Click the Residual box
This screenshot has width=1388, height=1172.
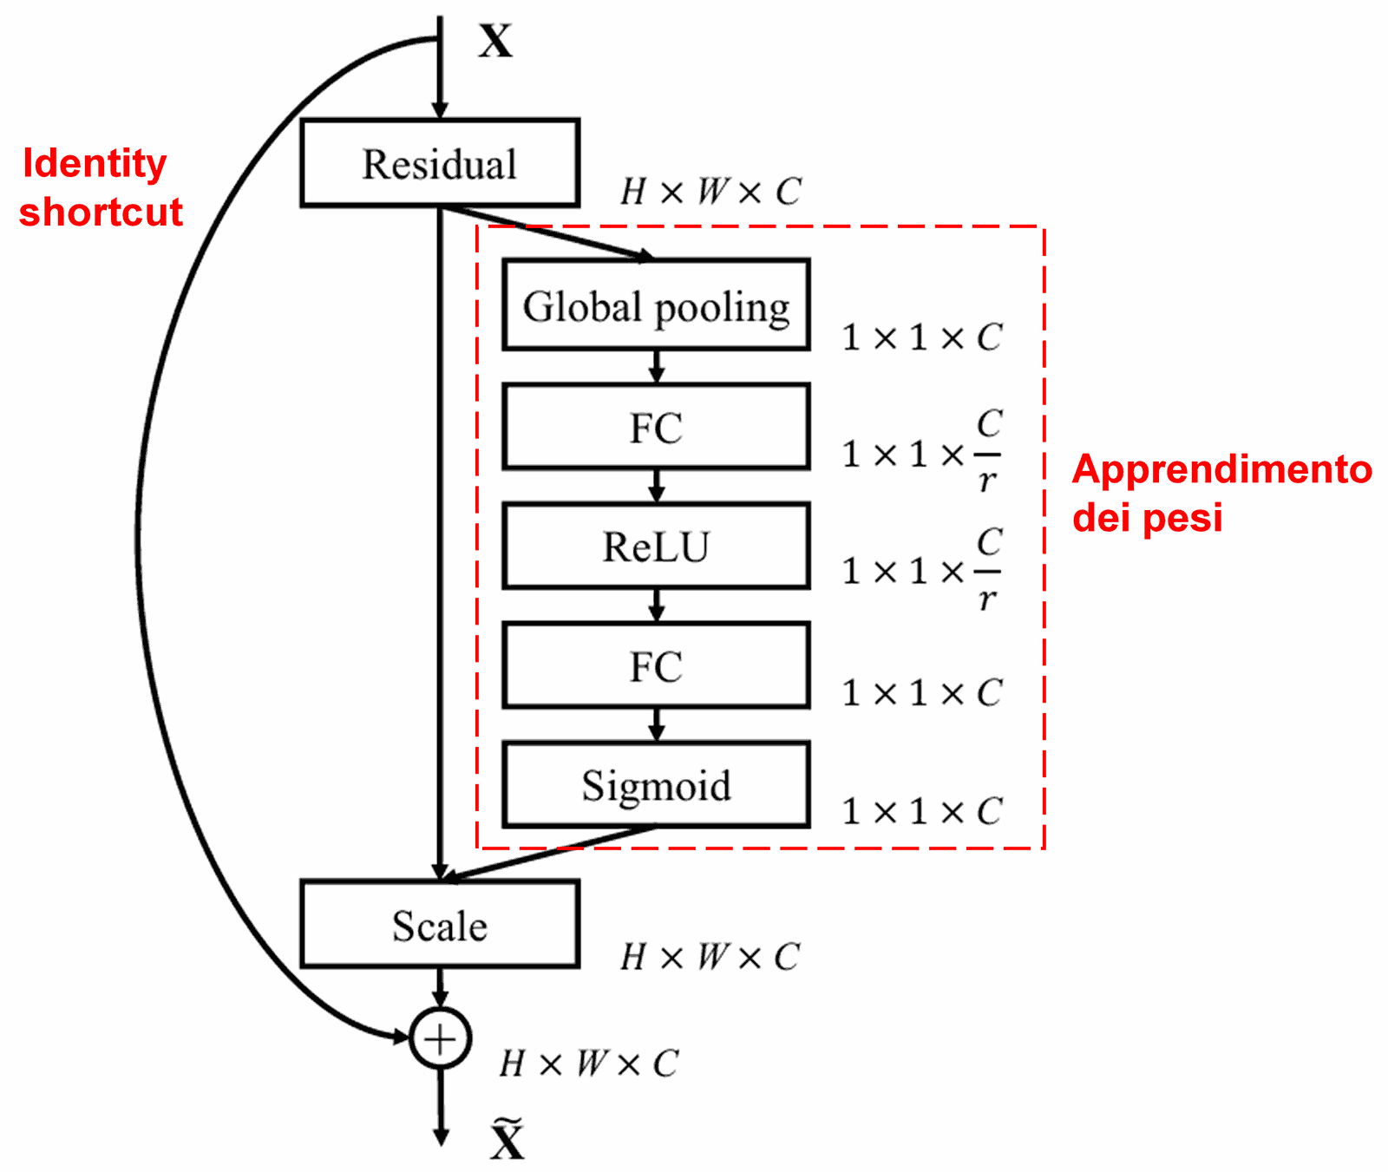[x=440, y=163]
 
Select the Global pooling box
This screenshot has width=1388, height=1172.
[x=656, y=305]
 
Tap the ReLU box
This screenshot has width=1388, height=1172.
[x=656, y=547]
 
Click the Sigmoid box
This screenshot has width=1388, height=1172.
[x=656, y=785]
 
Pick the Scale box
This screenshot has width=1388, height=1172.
[x=440, y=925]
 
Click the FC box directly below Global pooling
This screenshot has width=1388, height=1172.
[x=656, y=427]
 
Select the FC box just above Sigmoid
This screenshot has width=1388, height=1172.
[x=656, y=666]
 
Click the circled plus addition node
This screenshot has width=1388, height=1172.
[x=440, y=1038]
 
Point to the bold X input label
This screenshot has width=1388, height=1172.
[x=495, y=41]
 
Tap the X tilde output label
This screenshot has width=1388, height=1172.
[x=507, y=1139]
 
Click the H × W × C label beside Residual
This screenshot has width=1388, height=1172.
[x=710, y=192]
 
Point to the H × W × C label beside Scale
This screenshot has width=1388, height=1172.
[x=710, y=957]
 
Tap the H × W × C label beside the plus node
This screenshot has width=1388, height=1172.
[x=589, y=1064]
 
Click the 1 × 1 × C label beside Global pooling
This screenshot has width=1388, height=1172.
[x=921, y=337]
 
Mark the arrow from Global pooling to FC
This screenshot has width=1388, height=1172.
[x=657, y=366]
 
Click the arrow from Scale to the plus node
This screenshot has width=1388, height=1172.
[x=441, y=987]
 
